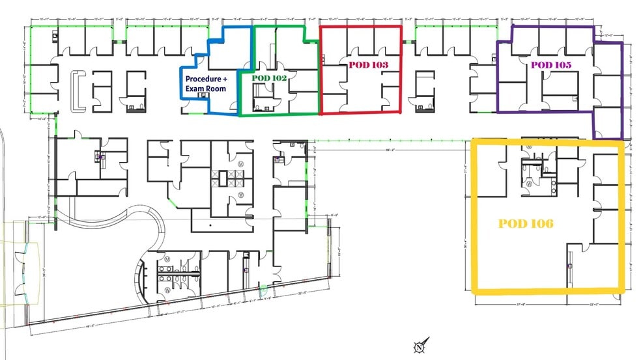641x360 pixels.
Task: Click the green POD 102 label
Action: tap(270, 77)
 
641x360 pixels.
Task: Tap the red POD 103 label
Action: tap(368, 65)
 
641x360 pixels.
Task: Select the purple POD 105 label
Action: tap(550, 65)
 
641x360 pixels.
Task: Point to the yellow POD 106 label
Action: tap(526, 223)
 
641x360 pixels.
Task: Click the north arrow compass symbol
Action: tap(418, 346)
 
